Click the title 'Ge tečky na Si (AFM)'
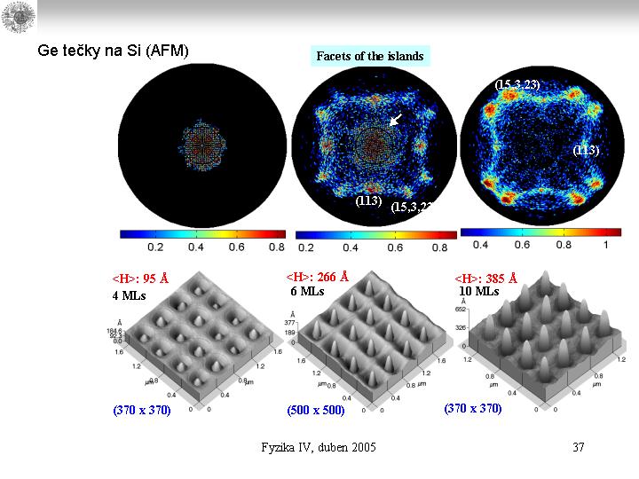[113, 51]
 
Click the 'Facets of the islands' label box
[370, 56]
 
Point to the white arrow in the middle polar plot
[396, 119]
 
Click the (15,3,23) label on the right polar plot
[517, 84]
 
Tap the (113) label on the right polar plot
[586, 150]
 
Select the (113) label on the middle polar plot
[368, 200]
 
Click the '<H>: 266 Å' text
[318, 276]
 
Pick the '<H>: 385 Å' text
[485, 278]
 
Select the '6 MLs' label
[307, 291]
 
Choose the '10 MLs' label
[478, 291]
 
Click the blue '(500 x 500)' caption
[315, 412]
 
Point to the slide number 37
[579, 447]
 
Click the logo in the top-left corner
[17, 17]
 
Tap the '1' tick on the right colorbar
[605, 244]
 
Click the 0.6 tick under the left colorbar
[236, 247]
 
